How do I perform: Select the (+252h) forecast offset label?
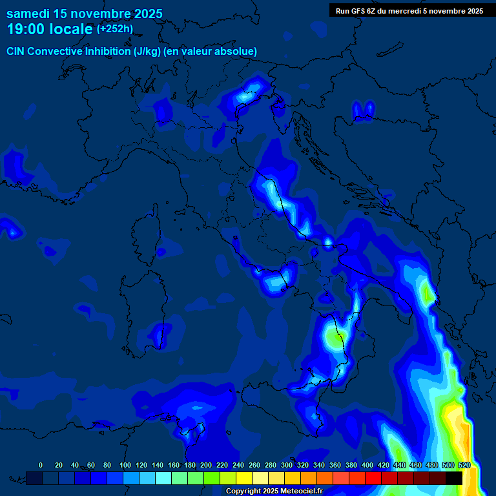[x=114, y=29]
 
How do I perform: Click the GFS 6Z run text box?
[x=409, y=11]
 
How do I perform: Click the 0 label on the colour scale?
[x=41, y=465]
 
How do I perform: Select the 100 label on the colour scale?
[x=125, y=465]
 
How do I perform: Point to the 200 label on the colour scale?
[x=206, y=465]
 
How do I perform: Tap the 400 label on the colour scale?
[x=367, y=465]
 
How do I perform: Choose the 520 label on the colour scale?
[x=464, y=465]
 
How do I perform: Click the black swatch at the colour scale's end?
[x=454, y=478]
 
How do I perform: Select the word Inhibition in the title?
[x=107, y=52]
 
